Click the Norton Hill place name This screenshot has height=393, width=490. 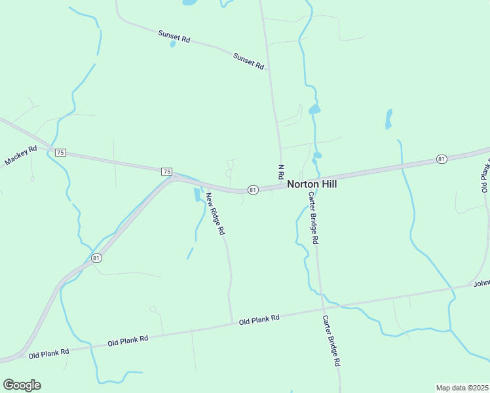click(312, 185)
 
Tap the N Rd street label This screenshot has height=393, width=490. click(280, 173)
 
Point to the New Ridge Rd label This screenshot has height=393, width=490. click(216, 214)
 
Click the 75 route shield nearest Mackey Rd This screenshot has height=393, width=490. click(60, 153)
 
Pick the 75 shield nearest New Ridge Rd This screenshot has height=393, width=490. click(166, 172)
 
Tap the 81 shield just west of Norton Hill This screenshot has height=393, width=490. click(253, 190)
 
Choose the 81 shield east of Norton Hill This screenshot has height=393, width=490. click(442, 159)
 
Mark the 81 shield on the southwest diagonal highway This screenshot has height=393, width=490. click(97, 258)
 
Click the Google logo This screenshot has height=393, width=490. click(22, 385)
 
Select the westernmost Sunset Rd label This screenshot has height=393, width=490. click(174, 35)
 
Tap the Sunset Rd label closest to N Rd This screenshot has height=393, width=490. click(248, 62)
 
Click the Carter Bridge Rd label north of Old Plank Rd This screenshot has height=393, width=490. click(313, 218)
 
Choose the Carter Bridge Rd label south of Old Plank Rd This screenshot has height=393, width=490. click(331, 341)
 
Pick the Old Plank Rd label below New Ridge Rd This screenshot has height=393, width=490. click(259, 320)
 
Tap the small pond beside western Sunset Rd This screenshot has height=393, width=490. click(173, 45)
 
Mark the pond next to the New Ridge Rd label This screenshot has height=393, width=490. click(197, 195)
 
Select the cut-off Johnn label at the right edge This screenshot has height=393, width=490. click(481, 283)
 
